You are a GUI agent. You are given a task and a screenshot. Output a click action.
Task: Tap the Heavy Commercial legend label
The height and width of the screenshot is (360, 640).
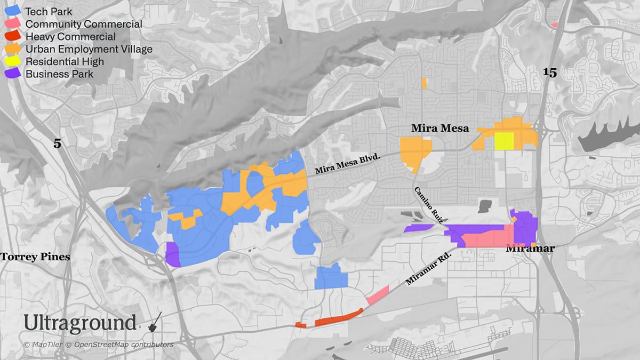(x=70, y=37)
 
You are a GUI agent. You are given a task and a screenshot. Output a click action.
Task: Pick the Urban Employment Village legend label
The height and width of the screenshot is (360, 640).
(x=89, y=49)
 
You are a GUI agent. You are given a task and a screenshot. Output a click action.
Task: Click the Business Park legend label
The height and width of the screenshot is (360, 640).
(x=59, y=74)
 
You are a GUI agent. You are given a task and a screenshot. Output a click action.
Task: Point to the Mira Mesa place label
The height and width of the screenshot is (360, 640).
(x=440, y=128)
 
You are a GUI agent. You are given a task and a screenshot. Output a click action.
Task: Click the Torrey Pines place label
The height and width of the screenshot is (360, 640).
(x=35, y=257)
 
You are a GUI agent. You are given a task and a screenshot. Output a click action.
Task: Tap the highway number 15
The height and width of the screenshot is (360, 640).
(x=550, y=73)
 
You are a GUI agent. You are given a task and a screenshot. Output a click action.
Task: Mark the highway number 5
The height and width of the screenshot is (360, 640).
(x=58, y=143)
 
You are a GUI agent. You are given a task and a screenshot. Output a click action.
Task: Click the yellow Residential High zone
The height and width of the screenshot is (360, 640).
(x=503, y=141)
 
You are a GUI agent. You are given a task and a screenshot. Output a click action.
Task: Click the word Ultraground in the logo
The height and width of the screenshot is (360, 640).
(x=80, y=323)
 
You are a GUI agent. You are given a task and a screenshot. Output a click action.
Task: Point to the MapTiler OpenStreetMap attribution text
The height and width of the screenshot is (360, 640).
(x=99, y=345)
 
